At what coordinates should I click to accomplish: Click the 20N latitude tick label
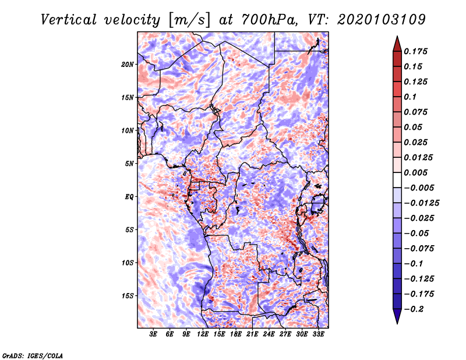coord(128,64)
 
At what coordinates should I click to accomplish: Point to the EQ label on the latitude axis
coord(129,197)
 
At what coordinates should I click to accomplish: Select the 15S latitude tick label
coord(128,296)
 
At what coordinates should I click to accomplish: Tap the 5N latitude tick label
coord(129,164)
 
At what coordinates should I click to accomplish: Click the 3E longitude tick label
coord(153,334)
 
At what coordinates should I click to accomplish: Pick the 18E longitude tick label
coord(236,334)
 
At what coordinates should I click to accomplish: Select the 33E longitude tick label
coord(318,334)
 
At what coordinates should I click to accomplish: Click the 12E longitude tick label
coord(203,334)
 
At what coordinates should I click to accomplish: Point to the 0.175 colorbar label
coord(415,51)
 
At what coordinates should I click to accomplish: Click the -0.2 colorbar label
coord(414,309)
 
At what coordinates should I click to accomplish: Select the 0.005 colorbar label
coord(415,172)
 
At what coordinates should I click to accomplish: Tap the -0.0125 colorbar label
coord(421,203)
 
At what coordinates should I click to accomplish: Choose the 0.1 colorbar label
coord(410,97)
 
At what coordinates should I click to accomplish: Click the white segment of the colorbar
coord(397,180)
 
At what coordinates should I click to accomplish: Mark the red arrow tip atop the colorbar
coord(397,37)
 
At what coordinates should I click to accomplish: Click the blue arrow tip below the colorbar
coord(397,323)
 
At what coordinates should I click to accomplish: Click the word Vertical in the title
coord(69,20)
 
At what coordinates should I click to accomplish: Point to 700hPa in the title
coord(268,20)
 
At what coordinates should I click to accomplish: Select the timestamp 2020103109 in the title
coord(382,20)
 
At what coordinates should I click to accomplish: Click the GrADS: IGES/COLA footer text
coord(33,355)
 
